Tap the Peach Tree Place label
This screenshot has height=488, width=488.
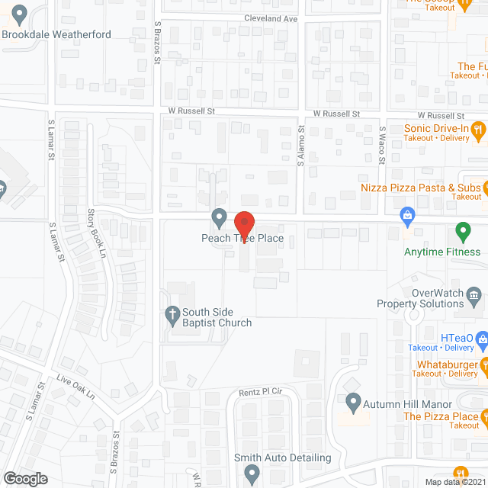coord(242,239)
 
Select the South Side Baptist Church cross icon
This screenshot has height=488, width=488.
coord(173,313)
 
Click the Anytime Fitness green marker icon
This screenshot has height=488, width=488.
coord(462,230)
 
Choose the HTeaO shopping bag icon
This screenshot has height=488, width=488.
coord(481,338)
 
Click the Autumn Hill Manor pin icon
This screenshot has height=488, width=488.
coord(353,400)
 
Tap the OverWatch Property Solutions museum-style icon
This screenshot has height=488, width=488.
coord(474,294)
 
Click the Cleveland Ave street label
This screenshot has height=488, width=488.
coord(271,18)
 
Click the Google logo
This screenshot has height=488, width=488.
coord(25,478)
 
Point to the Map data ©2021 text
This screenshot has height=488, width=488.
coord(454,481)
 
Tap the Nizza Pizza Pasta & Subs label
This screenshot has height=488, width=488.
coord(422,187)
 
